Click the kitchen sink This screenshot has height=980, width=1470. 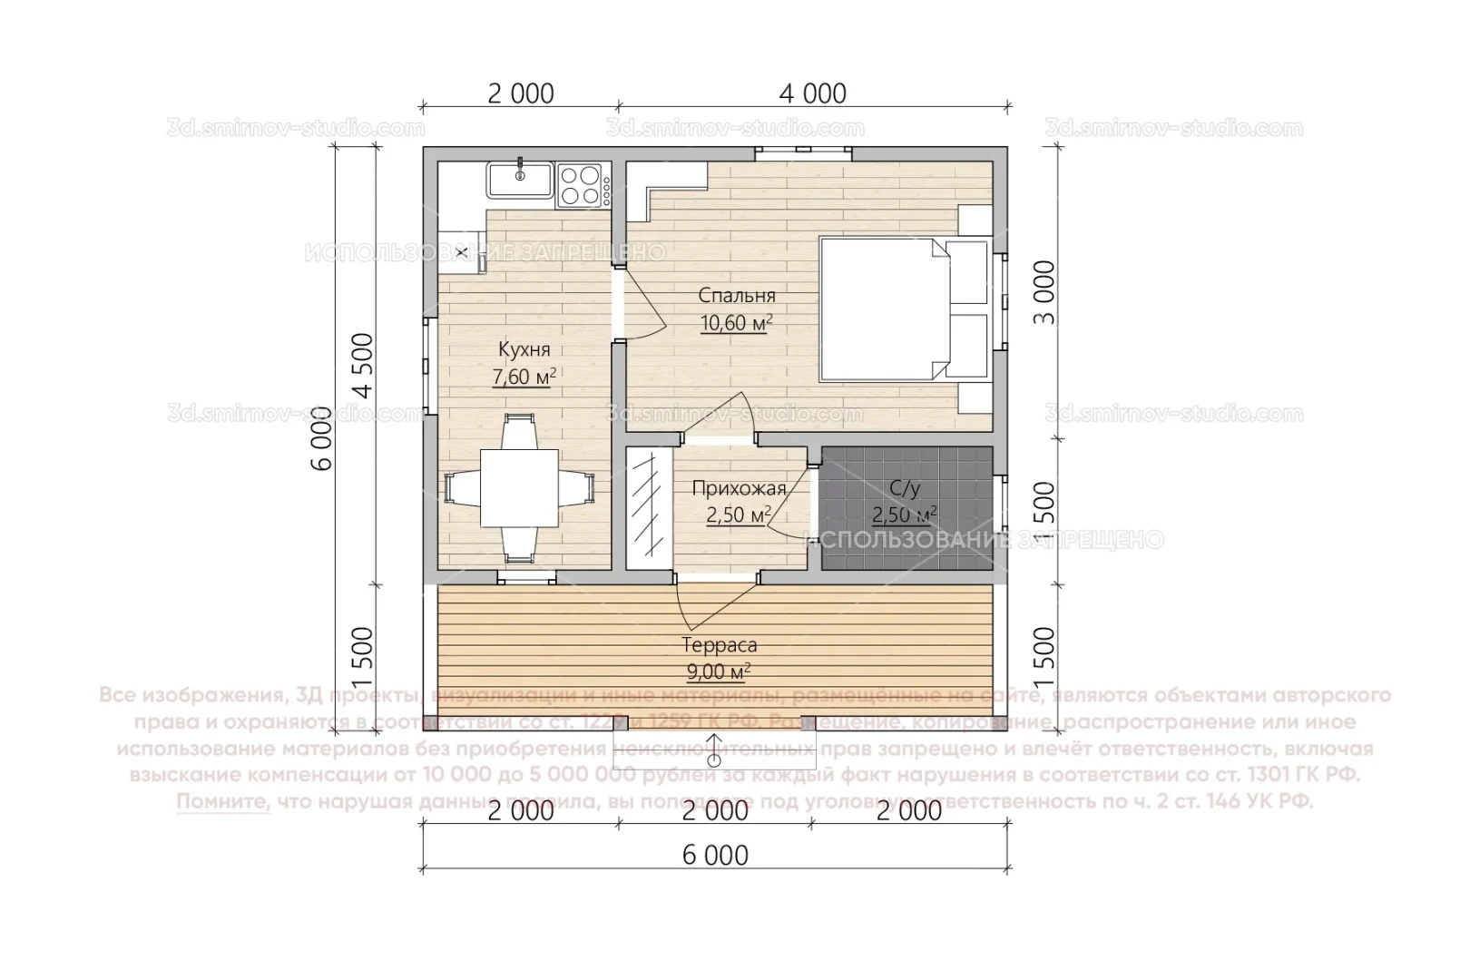520,181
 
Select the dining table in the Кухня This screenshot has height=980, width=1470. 519,490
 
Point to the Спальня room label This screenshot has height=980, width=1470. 737,296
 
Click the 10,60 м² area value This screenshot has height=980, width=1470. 737,323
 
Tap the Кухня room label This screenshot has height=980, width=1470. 524,349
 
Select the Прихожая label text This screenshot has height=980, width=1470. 739,489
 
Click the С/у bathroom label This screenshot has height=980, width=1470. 905,489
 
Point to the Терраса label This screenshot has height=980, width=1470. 719,646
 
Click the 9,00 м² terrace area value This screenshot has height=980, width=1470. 719,672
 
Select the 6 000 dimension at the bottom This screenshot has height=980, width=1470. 715,855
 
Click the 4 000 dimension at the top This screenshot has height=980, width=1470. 813,93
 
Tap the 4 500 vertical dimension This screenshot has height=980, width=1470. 363,366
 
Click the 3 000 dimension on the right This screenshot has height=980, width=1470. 1044,293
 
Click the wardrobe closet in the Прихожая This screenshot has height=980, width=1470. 649,508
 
